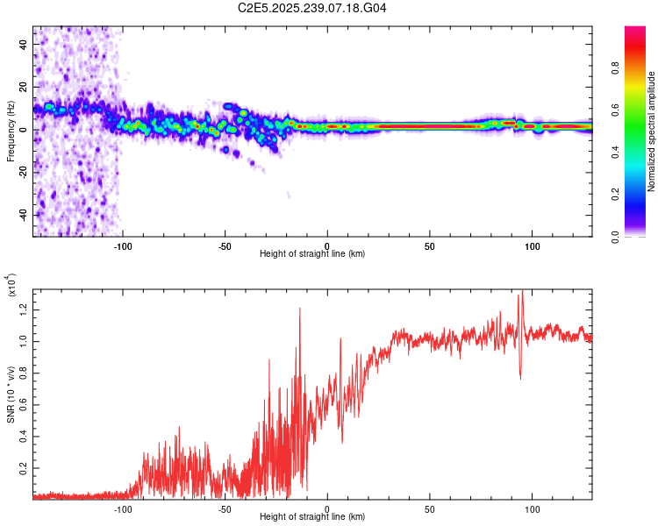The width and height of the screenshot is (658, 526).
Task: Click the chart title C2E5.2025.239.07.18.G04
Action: tap(312, 9)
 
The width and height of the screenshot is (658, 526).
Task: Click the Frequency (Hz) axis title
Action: tap(11, 131)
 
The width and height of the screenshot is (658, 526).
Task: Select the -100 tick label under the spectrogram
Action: tap(123, 246)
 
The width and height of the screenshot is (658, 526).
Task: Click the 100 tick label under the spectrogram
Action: tap(532, 246)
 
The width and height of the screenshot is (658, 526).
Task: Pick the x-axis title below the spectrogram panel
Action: tap(312, 254)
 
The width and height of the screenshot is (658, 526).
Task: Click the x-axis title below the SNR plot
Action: tap(312, 517)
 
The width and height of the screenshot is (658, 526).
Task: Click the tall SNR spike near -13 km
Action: tap(300, 309)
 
